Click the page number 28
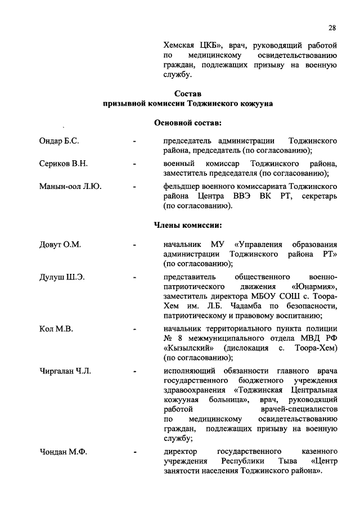(x=332, y=28)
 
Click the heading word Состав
(x=188, y=93)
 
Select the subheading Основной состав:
(x=188, y=123)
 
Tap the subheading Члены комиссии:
(x=188, y=226)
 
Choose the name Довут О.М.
(x=60, y=245)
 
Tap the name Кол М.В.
(x=56, y=329)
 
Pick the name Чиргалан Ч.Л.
(x=65, y=371)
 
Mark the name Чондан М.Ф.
(x=63, y=452)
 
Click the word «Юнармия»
(x=316, y=286)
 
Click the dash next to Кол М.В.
(x=134, y=330)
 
